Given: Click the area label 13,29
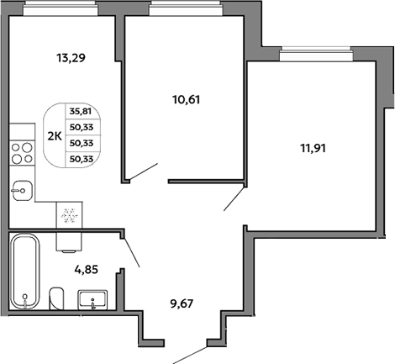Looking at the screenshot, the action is coord(71,58).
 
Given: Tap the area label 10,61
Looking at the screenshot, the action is coord(187,100).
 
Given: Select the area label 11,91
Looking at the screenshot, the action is coord(313,148).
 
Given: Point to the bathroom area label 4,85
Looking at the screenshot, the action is coord(86,270).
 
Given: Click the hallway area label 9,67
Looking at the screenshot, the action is coord(182,303).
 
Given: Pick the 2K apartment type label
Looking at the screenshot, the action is coord(55,136).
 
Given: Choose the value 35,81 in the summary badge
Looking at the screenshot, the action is coord(81,112).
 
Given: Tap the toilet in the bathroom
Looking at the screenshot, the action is coord(56,298).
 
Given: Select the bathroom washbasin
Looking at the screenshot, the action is coord(92,300).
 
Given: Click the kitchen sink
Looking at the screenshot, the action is coord(23,191).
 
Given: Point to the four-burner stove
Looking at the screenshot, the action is coord(22,153).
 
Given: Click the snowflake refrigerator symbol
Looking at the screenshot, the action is coord(70,215).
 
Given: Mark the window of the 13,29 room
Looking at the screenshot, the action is coord(61,8).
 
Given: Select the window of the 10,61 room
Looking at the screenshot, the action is coord(187,8).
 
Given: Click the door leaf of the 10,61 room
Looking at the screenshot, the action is coord(143,171).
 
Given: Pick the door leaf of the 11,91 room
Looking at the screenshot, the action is coord(234,198).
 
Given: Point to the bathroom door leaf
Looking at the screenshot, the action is coord(131,252).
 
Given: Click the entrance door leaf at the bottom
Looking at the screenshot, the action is coord(190,356).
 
